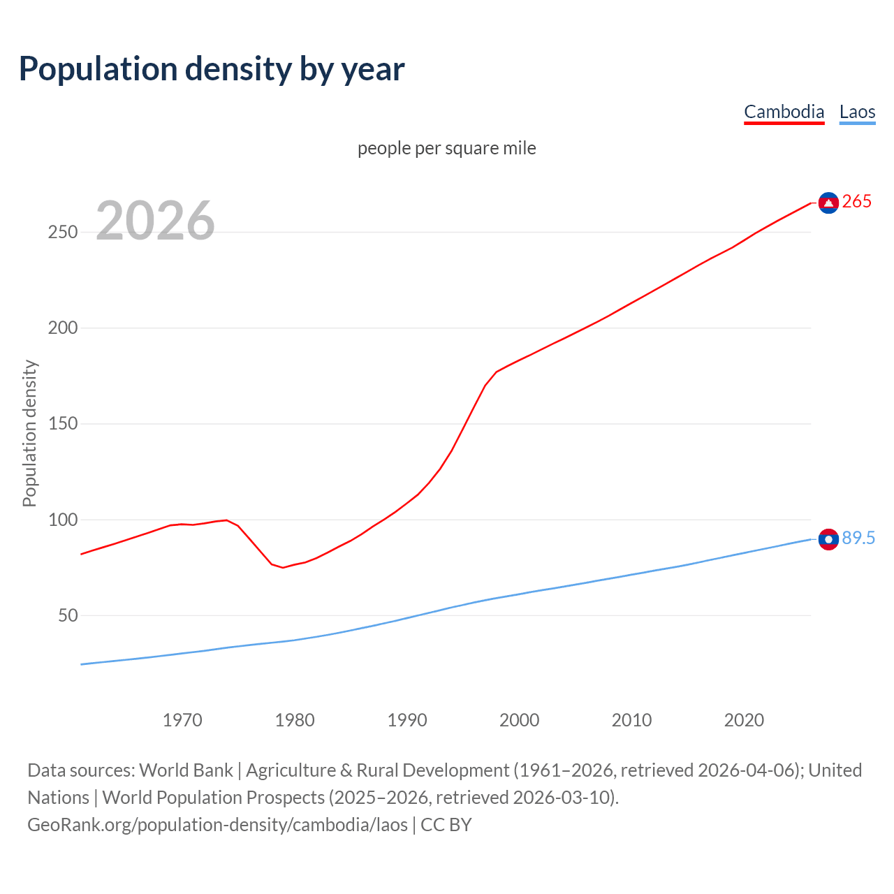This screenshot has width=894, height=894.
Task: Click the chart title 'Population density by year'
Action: (x=212, y=69)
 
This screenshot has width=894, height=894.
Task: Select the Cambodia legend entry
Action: (x=784, y=112)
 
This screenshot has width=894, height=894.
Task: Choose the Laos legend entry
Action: (x=857, y=112)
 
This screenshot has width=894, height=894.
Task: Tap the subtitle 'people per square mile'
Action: (x=447, y=149)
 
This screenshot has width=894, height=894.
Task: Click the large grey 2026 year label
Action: (x=155, y=221)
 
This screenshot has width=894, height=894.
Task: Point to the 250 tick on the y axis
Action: (x=62, y=233)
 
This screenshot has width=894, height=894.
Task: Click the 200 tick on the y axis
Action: (x=62, y=328)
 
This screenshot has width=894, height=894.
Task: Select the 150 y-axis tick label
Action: (x=62, y=424)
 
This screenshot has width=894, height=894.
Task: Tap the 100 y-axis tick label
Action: (x=62, y=520)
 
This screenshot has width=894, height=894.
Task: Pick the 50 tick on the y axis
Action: (x=68, y=616)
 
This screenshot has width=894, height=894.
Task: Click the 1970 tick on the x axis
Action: (x=182, y=720)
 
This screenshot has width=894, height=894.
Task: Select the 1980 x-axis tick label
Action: (x=295, y=720)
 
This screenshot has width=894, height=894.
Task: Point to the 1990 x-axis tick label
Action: (x=407, y=720)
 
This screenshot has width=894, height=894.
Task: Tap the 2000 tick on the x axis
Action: (x=519, y=720)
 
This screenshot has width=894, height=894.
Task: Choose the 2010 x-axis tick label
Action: (x=631, y=720)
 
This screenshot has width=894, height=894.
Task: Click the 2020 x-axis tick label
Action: (x=744, y=720)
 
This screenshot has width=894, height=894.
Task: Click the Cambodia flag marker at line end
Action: (x=828, y=203)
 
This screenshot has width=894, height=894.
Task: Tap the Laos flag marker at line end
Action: (x=828, y=539)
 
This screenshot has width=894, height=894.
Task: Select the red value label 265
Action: (x=857, y=202)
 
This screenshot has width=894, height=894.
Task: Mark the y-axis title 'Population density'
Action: (x=29, y=433)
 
